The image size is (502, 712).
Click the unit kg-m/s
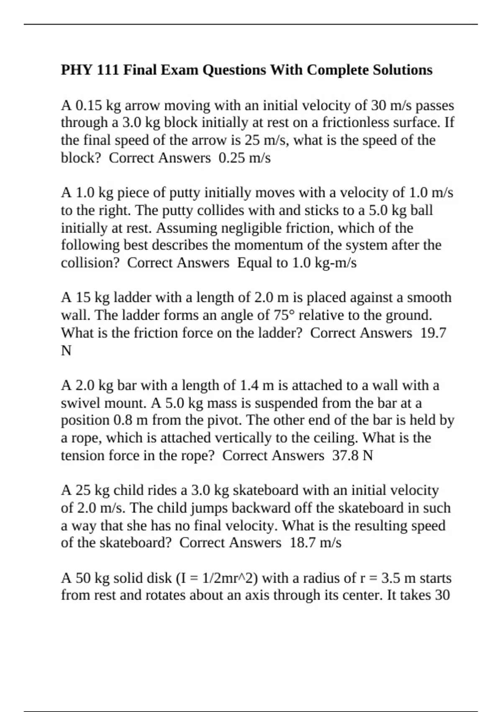(x=335, y=263)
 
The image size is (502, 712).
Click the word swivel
(x=80, y=403)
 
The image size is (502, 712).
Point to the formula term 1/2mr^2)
(x=230, y=578)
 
